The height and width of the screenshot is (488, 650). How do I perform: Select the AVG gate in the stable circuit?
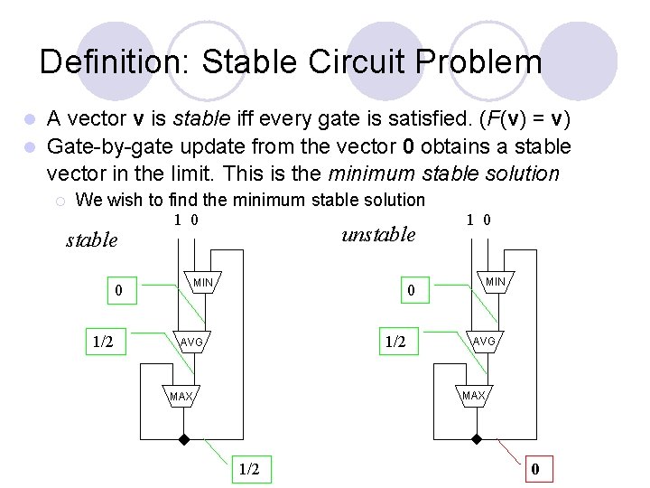tap(191, 343)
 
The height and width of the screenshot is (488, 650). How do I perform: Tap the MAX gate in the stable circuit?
tap(181, 397)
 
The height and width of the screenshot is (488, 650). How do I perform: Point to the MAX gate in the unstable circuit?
tap(474, 396)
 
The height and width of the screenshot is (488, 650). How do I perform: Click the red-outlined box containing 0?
tap(535, 469)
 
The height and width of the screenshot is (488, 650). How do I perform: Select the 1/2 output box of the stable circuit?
tap(249, 469)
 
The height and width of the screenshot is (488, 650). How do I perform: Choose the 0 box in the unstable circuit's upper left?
tap(411, 290)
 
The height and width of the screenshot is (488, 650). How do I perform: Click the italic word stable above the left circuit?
tap(92, 239)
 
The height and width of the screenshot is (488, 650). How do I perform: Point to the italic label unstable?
tap(378, 234)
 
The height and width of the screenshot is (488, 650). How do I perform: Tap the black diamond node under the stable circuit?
tap(183, 440)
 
